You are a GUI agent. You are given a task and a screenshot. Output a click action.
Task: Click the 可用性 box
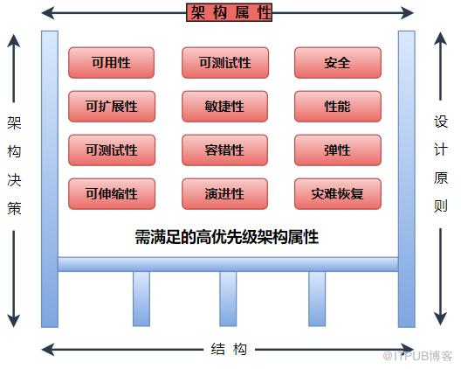click(111, 63)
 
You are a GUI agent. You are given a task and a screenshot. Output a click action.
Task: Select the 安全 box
click(338, 63)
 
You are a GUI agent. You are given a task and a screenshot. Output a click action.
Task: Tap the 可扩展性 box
click(112, 107)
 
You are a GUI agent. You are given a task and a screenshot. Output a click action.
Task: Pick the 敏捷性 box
click(224, 107)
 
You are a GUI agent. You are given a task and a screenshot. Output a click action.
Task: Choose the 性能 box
click(338, 107)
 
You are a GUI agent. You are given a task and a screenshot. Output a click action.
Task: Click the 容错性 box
click(224, 150)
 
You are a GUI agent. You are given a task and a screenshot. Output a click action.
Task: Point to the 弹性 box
click(338, 150)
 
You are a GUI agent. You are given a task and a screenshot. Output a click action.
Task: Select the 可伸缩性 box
click(112, 194)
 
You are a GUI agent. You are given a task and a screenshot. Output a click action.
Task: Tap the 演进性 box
click(224, 194)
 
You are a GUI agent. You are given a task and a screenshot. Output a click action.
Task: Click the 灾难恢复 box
click(338, 194)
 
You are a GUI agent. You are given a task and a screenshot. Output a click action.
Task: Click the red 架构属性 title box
click(230, 12)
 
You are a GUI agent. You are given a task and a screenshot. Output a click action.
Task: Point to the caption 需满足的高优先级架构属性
click(227, 237)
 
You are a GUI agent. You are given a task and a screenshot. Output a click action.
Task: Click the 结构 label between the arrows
click(229, 350)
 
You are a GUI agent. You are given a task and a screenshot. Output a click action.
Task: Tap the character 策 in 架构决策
click(14, 208)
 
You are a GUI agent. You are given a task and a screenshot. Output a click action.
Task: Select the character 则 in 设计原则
click(440, 205)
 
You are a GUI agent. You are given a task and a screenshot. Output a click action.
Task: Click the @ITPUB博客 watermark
click(417, 356)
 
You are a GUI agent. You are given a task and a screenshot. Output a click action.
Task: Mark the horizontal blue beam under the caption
click(228, 264)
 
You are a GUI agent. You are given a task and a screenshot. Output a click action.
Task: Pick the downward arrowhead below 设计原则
click(440, 318)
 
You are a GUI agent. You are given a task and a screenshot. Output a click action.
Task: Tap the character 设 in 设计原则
click(440, 121)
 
